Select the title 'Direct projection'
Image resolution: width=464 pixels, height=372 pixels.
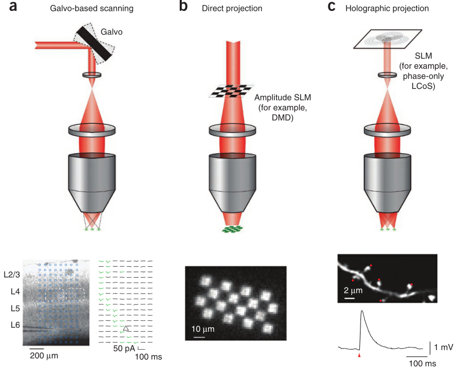click(x=231, y=9)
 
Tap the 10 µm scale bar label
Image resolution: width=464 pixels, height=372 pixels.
click(x=201, y=330)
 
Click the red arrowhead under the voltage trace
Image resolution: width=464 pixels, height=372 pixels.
click(x=359, y=355)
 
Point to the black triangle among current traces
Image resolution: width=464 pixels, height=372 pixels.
click(x=126, y=328)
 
